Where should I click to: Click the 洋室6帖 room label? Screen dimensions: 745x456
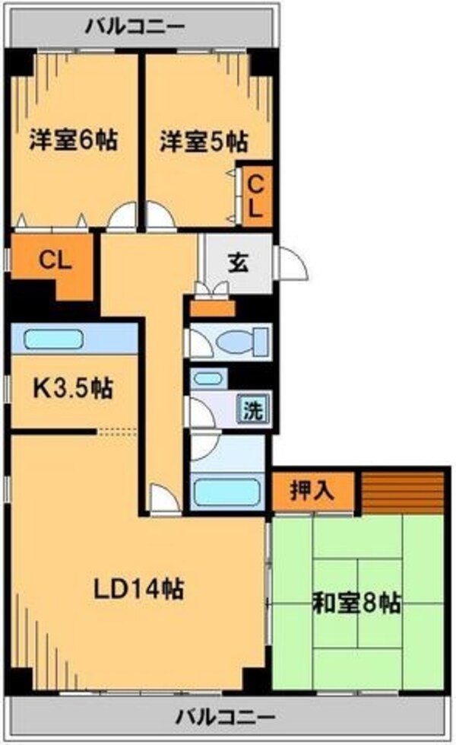pyautogui.click(x=73, y=141)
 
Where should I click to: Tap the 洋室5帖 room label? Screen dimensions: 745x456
pyautogui.click(x=203, y=141)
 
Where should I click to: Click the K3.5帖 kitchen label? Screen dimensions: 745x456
pyautogui.click(x=72, y=389)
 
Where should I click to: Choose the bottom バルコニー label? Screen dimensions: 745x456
pyautogui.click(x=226, y=716)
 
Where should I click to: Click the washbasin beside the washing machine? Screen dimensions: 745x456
pyautogui.click(x=207, y=377)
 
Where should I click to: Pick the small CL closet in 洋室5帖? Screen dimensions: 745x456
pyautogui.click(x=256, y=195)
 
